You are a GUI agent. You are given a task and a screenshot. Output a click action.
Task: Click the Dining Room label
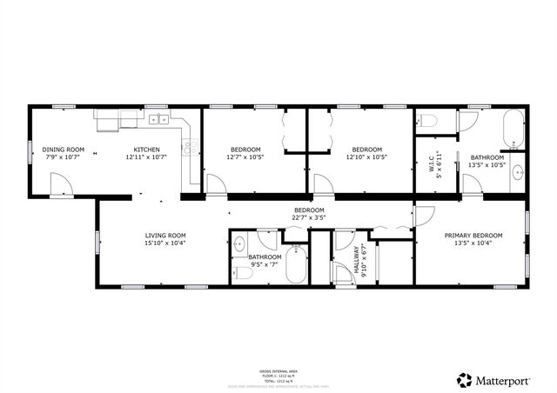[63, 150]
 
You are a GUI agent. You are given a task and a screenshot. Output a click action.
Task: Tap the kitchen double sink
[158, 120]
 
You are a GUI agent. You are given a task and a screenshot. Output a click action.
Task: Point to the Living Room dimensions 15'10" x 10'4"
[165, 244]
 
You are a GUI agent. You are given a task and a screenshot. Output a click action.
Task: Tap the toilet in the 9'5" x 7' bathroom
[245, 273]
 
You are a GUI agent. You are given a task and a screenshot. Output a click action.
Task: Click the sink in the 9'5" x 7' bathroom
[238, 243]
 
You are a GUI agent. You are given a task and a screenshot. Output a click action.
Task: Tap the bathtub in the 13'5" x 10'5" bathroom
[514, 129]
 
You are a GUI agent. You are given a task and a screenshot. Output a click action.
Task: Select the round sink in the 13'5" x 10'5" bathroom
[516, 171]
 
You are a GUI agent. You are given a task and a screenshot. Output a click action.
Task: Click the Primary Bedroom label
[473, 236]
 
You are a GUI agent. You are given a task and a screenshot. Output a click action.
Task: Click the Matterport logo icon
[465, 379]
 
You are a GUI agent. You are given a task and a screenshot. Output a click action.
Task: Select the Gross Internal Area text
[278, 370]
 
